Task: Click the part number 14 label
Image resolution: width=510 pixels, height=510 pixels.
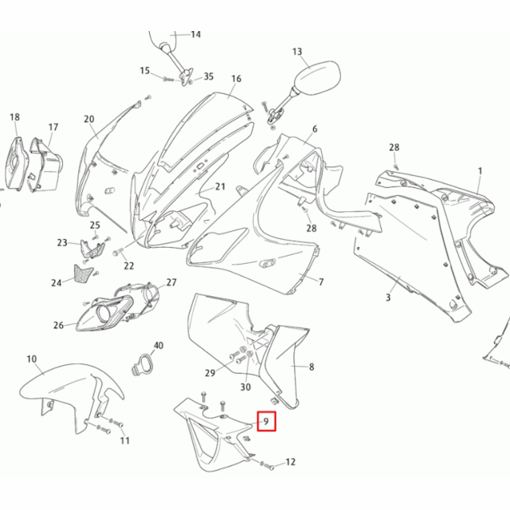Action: tap(195, 34)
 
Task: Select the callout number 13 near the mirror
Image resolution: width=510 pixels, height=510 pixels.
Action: tap(297, 53)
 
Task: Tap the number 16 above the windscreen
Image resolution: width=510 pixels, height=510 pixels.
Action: tap(236, 79)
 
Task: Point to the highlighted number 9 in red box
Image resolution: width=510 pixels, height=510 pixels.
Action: tap(265, 420)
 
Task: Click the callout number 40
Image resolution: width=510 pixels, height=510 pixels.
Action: tap(158, 346)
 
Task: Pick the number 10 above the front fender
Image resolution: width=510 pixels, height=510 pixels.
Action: tap(31, 359)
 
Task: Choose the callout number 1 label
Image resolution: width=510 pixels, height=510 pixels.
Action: tap(481, 171)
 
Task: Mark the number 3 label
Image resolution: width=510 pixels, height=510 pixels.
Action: tap(388, 297)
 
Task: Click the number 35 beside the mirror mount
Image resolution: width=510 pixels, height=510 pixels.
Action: tap(209, 76)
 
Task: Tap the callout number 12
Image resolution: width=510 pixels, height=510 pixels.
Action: tap(290, 461)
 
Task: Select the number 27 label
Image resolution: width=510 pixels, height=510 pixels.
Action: tap(171, 283)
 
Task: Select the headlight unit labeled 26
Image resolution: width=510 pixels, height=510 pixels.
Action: tap(104, 312)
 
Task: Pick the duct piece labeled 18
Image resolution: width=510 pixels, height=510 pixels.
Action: tap(15, 163)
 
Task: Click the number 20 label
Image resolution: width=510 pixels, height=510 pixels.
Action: tap(88, 120)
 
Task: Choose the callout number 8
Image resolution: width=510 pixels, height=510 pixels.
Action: tap(312, 367)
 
